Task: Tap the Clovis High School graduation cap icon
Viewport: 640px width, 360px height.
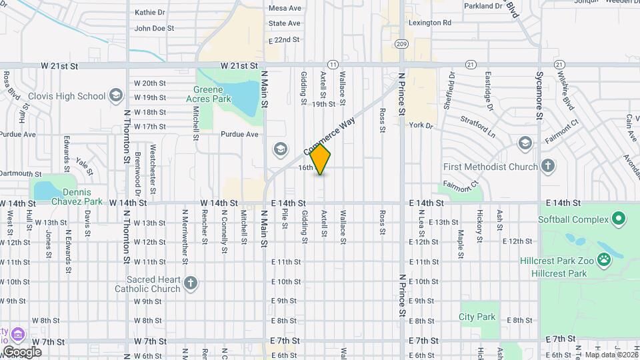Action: tap(117, 96)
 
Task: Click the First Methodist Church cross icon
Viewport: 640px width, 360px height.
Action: tap(547, 166)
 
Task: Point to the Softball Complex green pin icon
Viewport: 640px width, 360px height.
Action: tap(618, 219)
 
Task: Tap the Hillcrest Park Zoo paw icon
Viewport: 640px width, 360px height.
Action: tap(605, 260)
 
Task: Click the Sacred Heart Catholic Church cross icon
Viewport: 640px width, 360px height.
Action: tap(191, 284)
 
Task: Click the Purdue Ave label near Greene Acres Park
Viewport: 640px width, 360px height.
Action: tap(239, 134)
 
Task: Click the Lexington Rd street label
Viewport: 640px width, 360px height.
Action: tap(429, 23)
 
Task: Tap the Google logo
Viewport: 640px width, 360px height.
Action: tap(22, 351)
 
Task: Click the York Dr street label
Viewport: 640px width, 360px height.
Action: tap(421, 125)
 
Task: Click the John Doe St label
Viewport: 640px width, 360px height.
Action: tap(154, 29)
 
